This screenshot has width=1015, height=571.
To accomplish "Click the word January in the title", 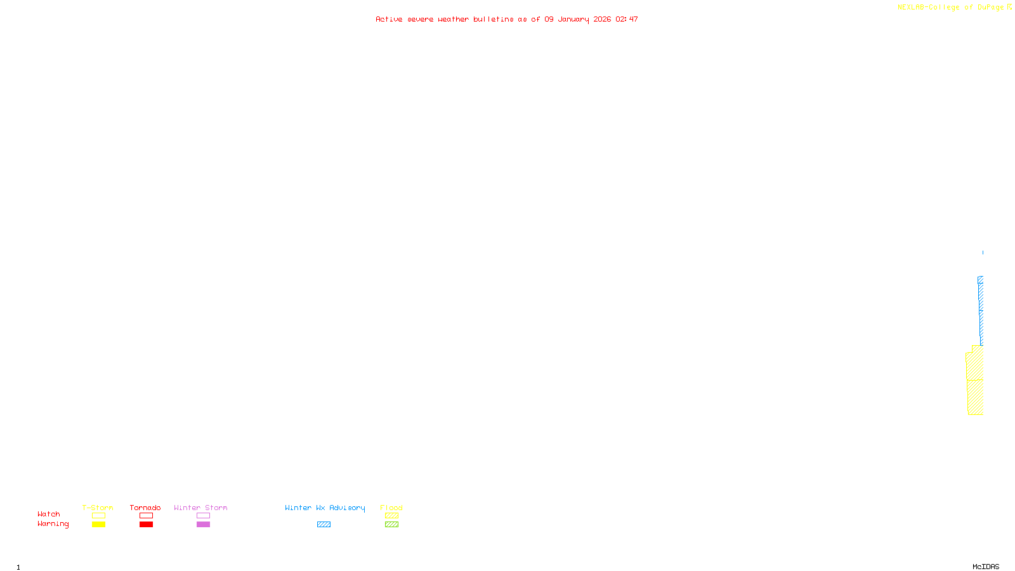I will coord(573,20).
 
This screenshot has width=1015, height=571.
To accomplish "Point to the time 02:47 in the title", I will coord(626,20).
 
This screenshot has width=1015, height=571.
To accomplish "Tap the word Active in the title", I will coord(388,20).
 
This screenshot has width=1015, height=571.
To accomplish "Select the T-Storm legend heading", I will coord(98,508).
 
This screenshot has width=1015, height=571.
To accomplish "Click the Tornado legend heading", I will coord(145,508).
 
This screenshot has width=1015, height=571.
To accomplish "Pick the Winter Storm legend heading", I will coord(200,508).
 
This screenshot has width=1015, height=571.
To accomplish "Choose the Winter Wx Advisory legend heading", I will coord(325,508).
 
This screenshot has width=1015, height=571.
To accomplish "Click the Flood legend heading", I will coord(391,508).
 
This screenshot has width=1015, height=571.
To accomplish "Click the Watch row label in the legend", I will coord(49,515).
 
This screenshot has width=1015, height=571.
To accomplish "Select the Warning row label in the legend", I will coord(53,524).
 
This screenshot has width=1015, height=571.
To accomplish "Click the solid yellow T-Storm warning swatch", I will coord(98,525).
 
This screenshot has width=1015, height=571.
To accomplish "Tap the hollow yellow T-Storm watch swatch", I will coord(98,516).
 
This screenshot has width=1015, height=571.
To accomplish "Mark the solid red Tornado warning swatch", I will coord(146,525).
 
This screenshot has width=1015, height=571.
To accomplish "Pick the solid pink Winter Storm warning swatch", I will coord(203,525).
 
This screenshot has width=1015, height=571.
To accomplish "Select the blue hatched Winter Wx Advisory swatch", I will coord(324,525).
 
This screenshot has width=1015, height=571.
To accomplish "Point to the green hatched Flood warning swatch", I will coord(391,525).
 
